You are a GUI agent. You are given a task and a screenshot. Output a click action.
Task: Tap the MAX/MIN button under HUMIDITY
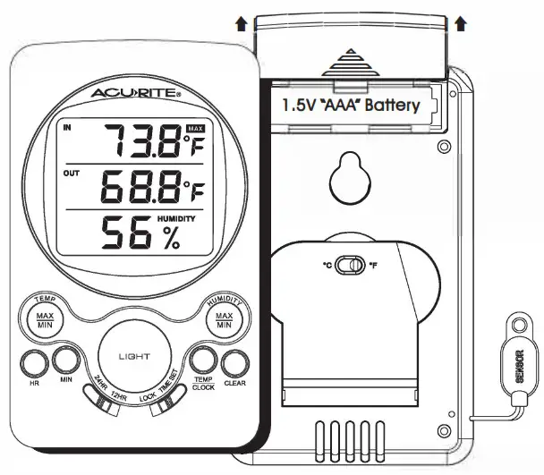tap(225, 321)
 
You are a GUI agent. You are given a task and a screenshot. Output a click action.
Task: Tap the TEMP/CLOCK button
tap(202, 361)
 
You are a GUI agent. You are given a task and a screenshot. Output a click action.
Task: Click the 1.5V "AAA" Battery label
tap(351, 105)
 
